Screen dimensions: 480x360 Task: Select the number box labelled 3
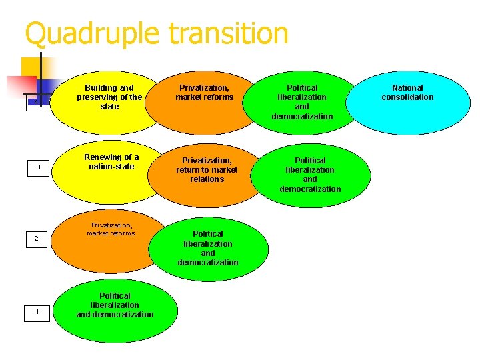[x=37, y=167]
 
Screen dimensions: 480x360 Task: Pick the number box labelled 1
[x=37, y=311]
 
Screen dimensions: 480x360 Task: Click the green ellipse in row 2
[x=208, y=248]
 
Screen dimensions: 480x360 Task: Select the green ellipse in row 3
[x=310, y=175]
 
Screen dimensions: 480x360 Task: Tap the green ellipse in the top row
[x=302, y=102]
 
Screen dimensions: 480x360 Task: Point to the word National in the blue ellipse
[x=407, y=87]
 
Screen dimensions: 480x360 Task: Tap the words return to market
[x=207, y=169]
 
